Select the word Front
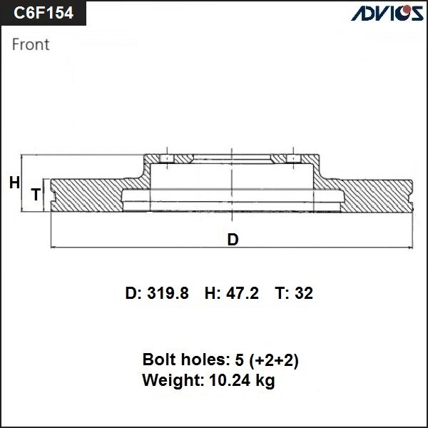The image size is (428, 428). pos(31,44)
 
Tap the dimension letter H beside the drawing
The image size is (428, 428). pos(14,183)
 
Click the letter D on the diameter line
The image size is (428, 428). pos(233,240)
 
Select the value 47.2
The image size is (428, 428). pos(242,293)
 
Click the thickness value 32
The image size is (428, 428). pos(304,293)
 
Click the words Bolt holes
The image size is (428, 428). pos(182,360)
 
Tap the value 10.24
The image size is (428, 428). pos(228,380)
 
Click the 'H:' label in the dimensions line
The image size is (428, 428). pos(213,293)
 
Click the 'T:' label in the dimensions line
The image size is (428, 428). pos(282,293)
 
